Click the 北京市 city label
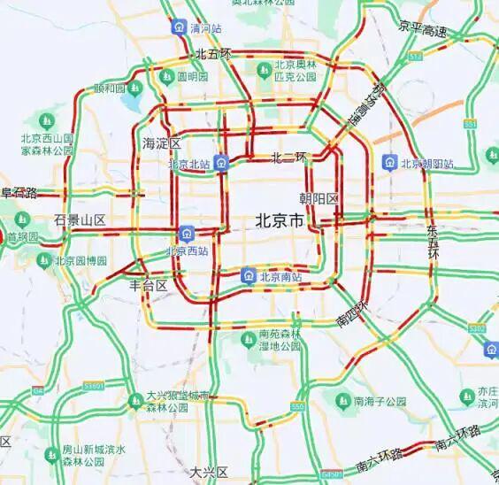click(x=278, y=222)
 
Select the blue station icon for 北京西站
click(x=187, y=234)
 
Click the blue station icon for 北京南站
click(x=249, y=276)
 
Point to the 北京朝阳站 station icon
click(x=389, y=163)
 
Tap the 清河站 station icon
click(x=179, y=27)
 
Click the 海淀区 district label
click(x=161, y=143)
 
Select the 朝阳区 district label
click(x=319, y=198)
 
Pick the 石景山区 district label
click(x=80, y=219)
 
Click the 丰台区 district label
click(x=149, y=285)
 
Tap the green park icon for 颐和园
click(x=134, y=89)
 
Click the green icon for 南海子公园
click(x=342, y=401)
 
